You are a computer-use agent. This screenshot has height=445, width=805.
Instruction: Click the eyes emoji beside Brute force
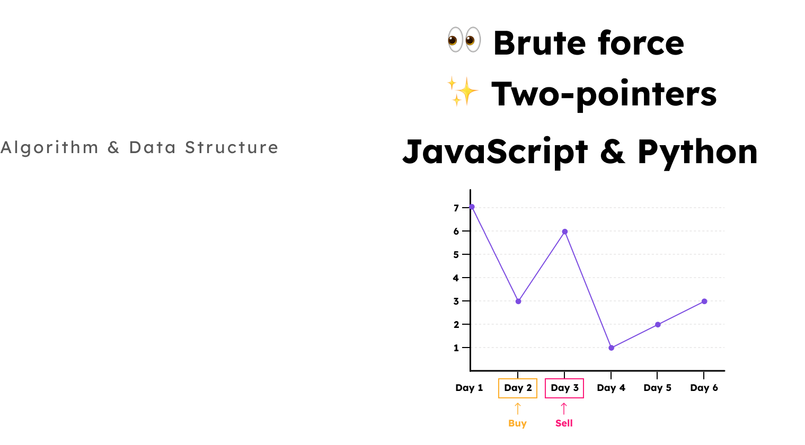464,40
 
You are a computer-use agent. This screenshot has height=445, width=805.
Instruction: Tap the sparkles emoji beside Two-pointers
463,92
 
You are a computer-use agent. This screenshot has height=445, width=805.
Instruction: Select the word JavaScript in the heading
495,152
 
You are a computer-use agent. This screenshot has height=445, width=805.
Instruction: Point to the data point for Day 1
472,207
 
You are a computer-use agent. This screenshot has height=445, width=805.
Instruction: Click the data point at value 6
565,232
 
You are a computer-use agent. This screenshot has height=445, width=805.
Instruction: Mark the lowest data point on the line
612,348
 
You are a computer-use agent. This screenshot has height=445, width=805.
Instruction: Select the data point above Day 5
658,325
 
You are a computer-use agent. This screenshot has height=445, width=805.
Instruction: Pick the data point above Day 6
704,301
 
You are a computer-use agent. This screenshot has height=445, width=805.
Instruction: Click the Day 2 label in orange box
518,388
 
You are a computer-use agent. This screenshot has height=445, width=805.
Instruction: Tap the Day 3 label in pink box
564,388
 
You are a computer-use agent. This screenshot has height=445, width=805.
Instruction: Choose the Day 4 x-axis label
611,388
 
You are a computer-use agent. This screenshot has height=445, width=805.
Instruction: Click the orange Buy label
517,423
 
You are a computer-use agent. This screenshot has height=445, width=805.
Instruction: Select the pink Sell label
564,423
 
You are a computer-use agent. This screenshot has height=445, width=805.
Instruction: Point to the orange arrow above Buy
518,408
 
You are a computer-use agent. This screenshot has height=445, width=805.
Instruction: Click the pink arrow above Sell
564,408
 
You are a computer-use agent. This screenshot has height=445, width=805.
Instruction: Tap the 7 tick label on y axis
456,208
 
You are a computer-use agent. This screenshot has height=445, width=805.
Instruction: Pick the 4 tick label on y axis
456,278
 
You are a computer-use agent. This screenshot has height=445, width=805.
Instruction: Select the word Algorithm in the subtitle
49,148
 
